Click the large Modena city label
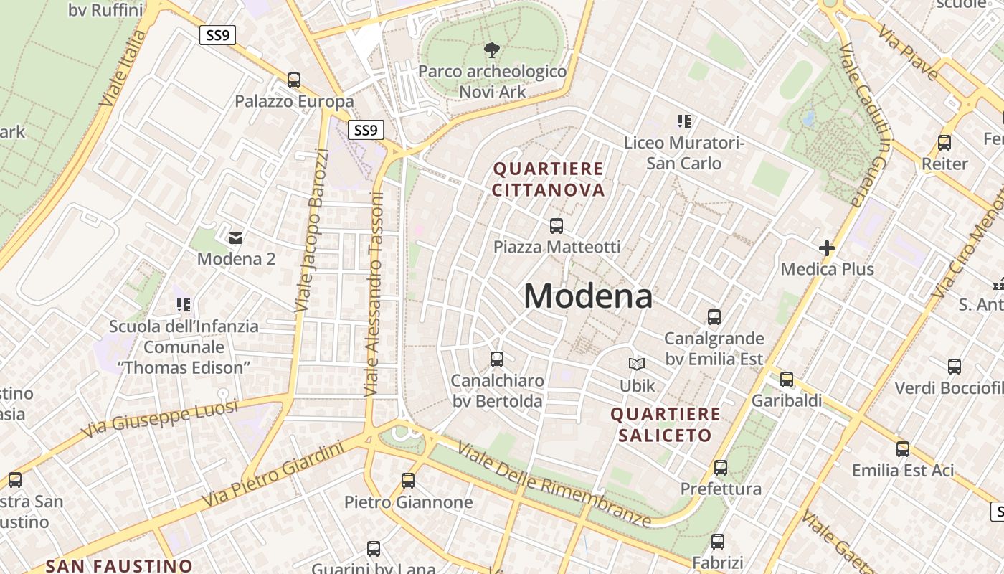coord(588,296)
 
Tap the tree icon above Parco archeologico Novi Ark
coord(492,50)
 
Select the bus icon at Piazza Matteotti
coord(557,226)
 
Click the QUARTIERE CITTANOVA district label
coord(549,179)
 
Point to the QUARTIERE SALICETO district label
coord(666,425)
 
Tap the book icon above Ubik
coord(637,364)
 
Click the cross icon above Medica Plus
coord(827,248)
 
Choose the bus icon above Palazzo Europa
coord(294,80)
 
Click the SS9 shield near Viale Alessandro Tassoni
coord(366,130)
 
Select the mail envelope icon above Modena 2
coord(236,237)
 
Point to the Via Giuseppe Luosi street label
coord(159,419)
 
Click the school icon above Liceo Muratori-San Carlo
coord(683,121)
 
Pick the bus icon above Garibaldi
coord(787,380)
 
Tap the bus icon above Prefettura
coord(721,468)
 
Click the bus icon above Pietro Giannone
coord(408,481)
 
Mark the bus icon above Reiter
coord(944,143)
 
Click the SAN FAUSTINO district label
coord(119,565)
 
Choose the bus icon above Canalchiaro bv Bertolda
coord(497,359)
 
